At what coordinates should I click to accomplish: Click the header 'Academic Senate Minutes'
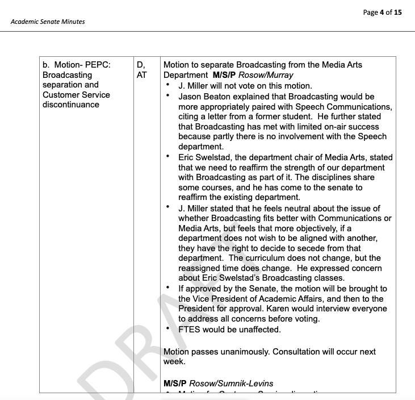pos(48,22)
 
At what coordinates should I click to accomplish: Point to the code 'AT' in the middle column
pos(142,75)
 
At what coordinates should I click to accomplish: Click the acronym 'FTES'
pos(190,330)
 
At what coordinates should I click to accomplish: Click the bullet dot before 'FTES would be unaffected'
pos(169,328)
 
